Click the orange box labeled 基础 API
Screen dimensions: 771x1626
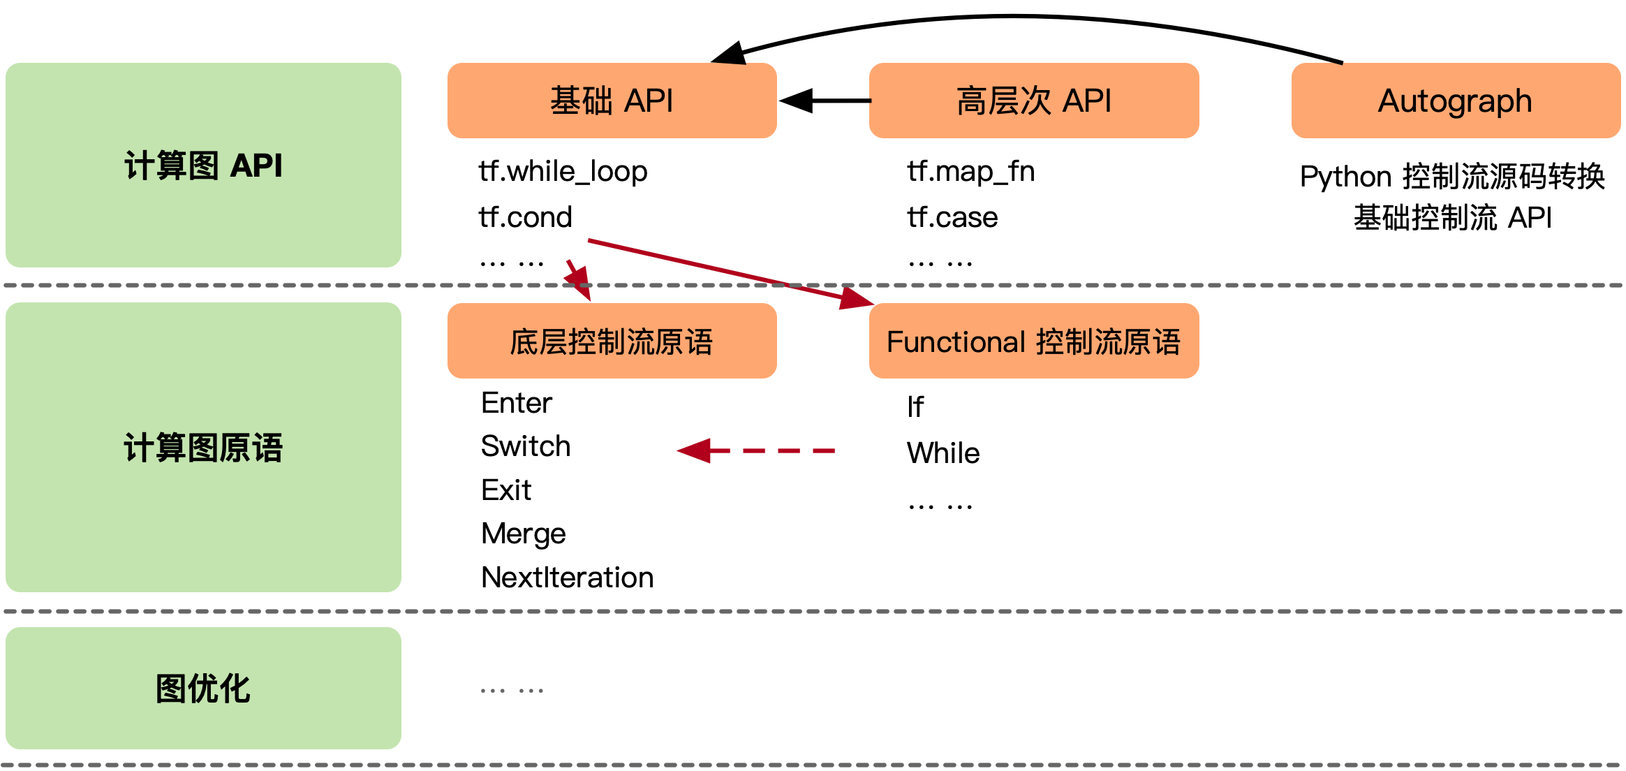click(612, 101)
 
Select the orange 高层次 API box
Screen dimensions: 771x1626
click(1033, 101)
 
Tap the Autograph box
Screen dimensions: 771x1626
click(1455, 101)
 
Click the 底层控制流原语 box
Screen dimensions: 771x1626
click(612, 341)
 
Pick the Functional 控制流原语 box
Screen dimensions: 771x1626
click(1033, 341)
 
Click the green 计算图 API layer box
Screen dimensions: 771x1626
click(203, 165)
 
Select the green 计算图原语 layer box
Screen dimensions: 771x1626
click(203, 447)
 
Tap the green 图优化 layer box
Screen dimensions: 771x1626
click(203, 688)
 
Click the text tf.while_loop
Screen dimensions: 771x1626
click(563, 171)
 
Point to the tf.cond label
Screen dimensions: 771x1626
click(525, 217)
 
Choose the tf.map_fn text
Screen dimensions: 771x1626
click(970, 171)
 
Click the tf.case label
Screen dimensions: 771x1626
click(952, 217)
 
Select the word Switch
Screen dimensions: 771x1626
click(526, 446)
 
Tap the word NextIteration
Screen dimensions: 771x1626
click(567, 578)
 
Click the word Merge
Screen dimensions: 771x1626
click(523, 534)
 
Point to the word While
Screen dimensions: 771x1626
click(943, 453)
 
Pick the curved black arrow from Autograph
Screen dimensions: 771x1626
click(1012, 17)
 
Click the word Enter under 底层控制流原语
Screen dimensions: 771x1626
click(517, 403)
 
